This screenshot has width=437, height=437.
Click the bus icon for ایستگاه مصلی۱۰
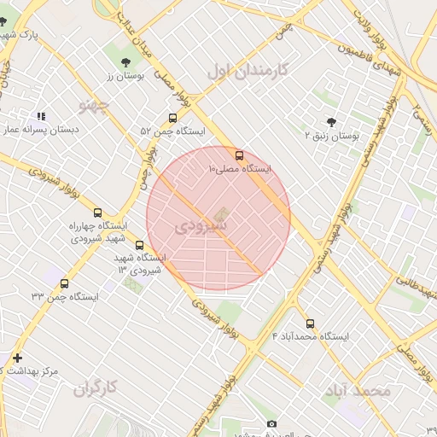(238, 155)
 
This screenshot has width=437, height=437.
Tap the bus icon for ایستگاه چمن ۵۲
(173, 119)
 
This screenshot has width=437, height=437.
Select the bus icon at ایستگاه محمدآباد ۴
(310, 323)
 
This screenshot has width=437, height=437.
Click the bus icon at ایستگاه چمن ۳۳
(64, 283)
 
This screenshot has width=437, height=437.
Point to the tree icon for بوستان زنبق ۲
(331, 122)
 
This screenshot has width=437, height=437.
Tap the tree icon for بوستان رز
(126, 61)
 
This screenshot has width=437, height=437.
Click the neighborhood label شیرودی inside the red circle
(201, 228)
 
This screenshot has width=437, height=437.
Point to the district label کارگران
(94, 389)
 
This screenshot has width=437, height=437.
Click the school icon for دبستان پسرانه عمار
(41, 116)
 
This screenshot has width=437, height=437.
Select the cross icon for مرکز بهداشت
(18, 358)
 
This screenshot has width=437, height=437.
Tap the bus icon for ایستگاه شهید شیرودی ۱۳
(140, 245)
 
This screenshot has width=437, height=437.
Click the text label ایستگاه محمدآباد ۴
(312, 336)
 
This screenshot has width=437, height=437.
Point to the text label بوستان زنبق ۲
(333, 136)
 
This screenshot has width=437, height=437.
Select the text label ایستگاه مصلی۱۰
(240, 169)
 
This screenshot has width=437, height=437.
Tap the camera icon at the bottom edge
(271, 424)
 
